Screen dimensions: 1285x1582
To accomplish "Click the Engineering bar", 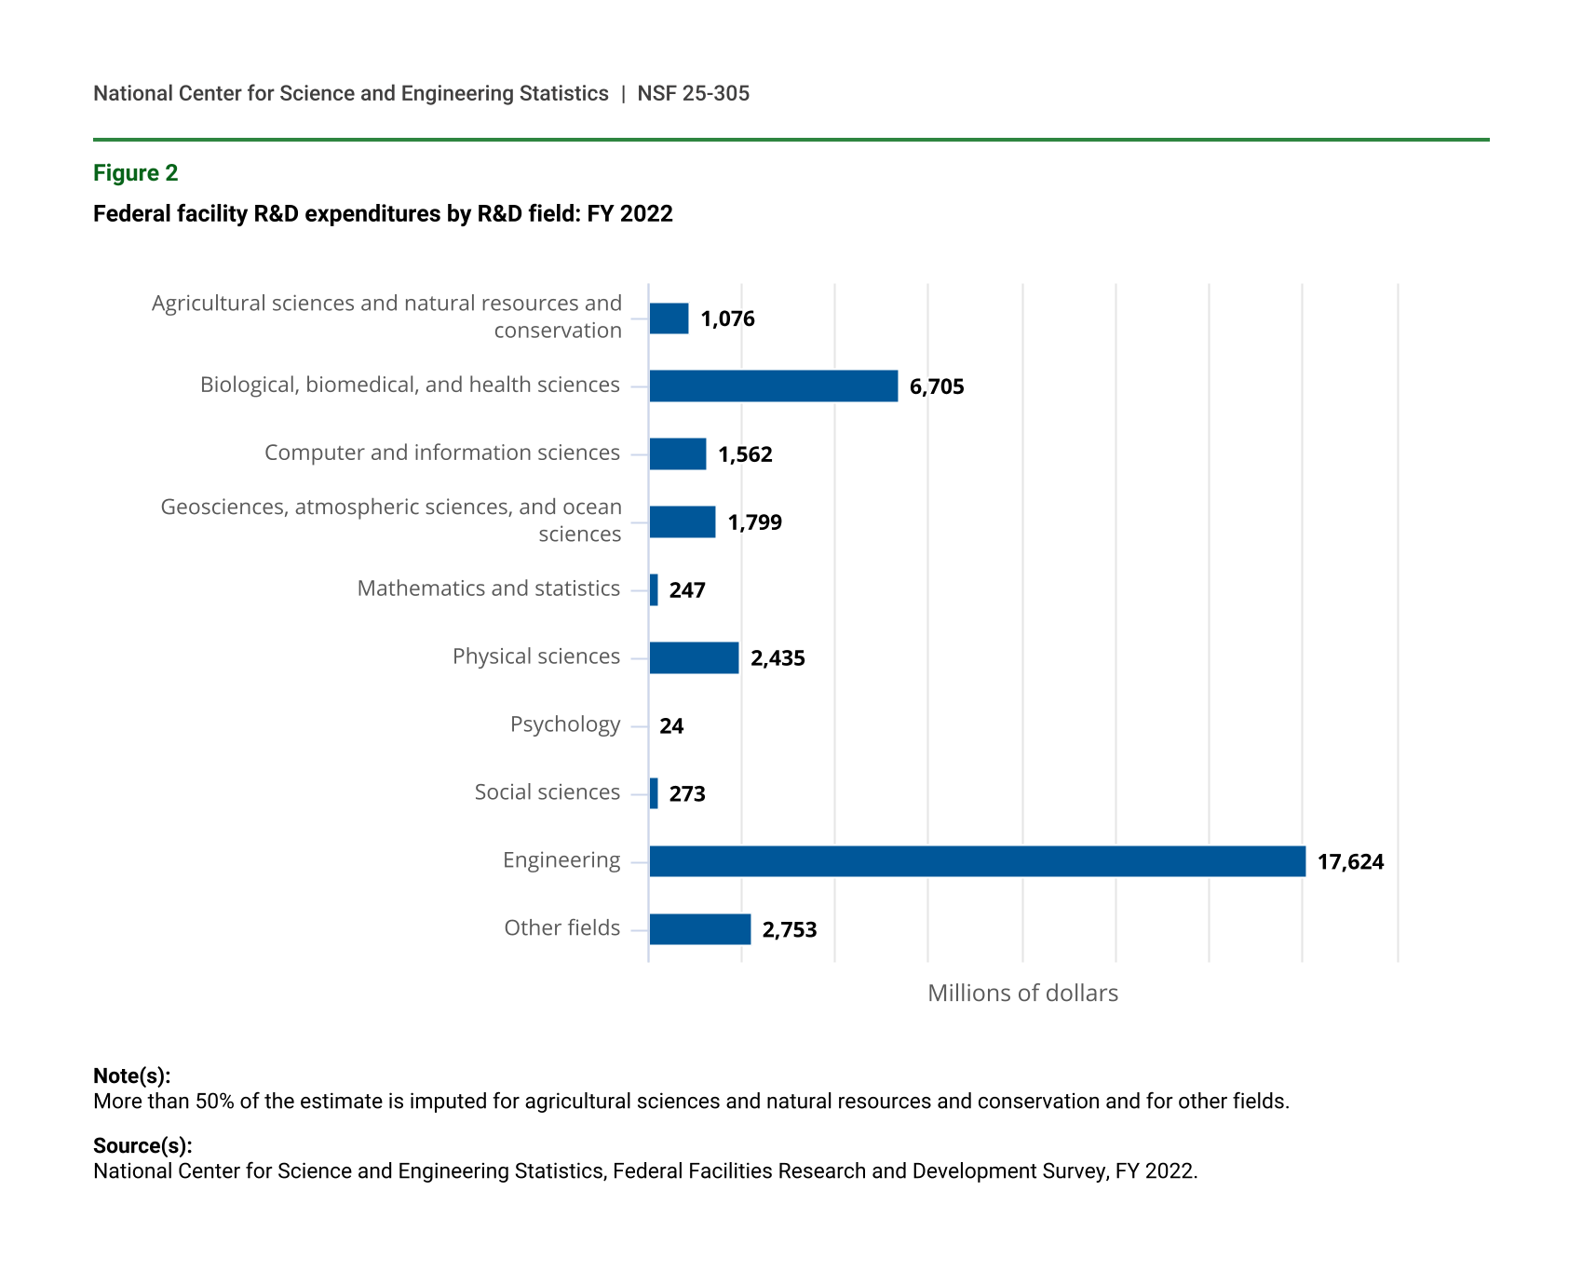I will (977, 861).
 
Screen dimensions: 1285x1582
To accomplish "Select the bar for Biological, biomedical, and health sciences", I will (773, 386).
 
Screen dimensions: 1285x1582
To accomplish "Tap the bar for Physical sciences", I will (694, 657).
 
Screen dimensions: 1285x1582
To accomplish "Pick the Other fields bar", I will (699, 929).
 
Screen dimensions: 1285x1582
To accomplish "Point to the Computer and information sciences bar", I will (677, 454).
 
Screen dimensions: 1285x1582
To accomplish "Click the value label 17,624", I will (1350, 862).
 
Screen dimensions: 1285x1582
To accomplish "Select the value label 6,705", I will (937, 387).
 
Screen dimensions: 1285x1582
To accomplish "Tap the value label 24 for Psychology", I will (671, 726).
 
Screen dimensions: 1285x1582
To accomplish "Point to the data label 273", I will (687, 794).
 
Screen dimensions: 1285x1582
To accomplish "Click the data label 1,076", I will (727, 319).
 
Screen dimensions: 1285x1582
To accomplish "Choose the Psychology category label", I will (564, 724).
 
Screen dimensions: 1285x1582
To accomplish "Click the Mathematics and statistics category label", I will (488, 588).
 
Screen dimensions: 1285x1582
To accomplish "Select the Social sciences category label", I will (547, 792).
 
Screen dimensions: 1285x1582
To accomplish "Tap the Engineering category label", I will (561, 860).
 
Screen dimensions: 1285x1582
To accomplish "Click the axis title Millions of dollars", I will (1022, 994).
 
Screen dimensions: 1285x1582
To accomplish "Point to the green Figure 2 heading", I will (135, 173).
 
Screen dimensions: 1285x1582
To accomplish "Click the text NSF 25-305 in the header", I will (693, 94).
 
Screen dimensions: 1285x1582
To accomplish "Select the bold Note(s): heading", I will (131, 1076).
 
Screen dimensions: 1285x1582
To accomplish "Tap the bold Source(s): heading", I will (142, 1146).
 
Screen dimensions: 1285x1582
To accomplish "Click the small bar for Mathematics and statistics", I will (654, 590).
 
